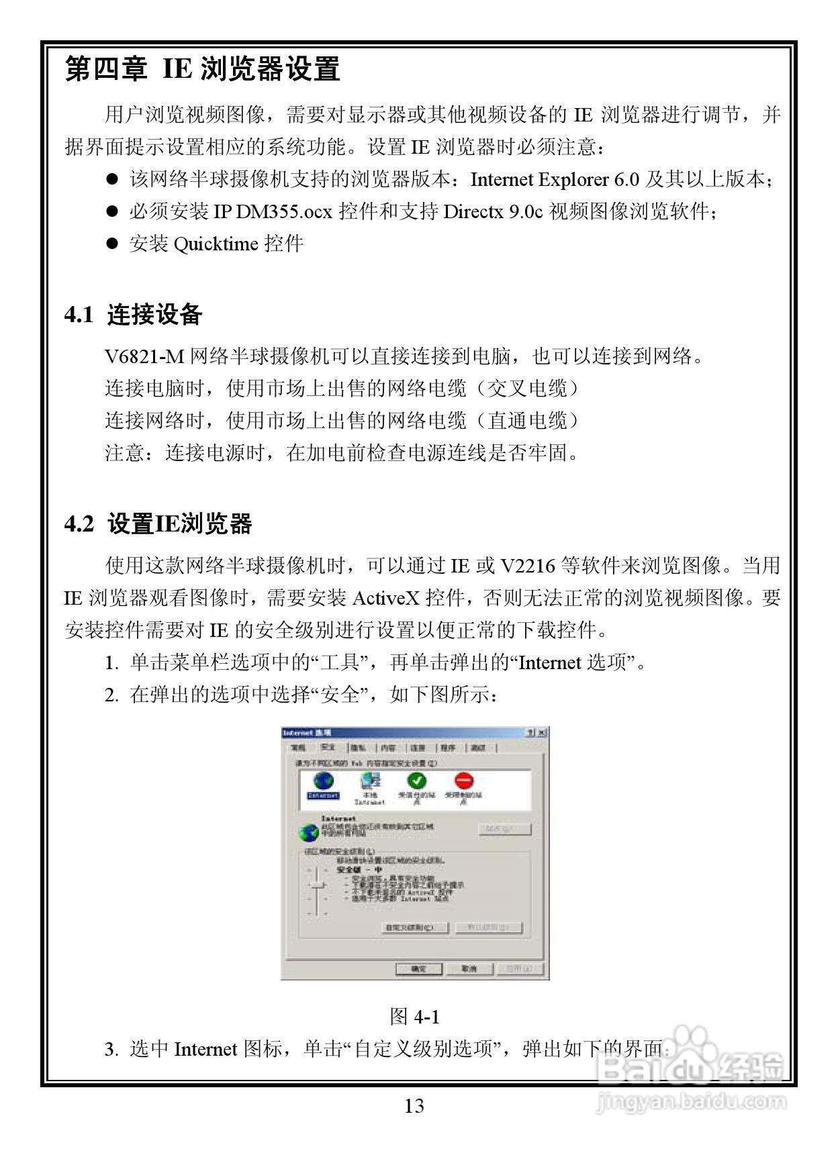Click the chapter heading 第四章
pyautogui.click(x=106, y=70)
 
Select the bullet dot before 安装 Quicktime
pyautogui.click(x=112, y=244)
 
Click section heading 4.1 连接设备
pyautogui.click(x=134, y=315)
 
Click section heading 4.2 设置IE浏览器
pyautogui.click(x=158, y=524)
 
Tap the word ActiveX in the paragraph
pyautogui.click(x=386, y=597)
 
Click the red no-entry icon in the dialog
pyautogui.click(x=464, y=781)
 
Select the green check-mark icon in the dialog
pyautogui.click(x=417, y=781)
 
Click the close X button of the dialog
pyautogui.click(x=542, y=732)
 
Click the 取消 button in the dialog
pyautogui.click(x=469, y=968)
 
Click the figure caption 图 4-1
pyautogui.click(x=414, y=1017)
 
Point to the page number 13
pyautogui.click(x=414, y=1106)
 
